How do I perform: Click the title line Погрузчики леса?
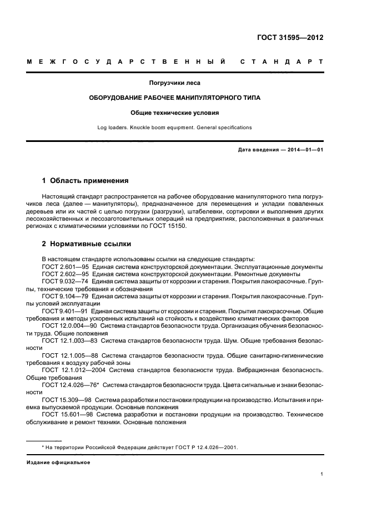[x=175, y=83]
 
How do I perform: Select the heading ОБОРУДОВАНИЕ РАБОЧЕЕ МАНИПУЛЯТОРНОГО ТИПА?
[x=175, y=98]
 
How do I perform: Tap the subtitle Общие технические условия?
[x=175, y=113]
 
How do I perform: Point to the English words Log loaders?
[x=113, y=128]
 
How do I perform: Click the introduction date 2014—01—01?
[x=304, y=150]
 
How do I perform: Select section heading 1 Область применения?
[x=86, y=181]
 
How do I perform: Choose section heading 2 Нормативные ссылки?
[x=87, y=244]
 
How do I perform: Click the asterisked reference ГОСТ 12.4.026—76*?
[x=70, y=384]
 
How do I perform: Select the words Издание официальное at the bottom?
[x=58, y=462]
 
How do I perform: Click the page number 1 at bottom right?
[x=322, y=475]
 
